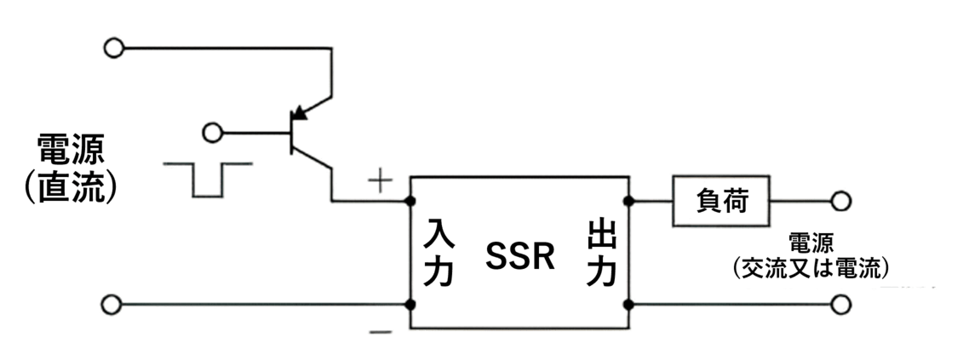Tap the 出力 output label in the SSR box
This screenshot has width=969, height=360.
[x=601, y=252]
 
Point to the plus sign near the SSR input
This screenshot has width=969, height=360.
[x=378, y=180]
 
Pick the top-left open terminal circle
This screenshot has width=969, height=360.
[x=112, y=48]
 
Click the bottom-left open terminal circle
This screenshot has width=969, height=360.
[x=112, y=304]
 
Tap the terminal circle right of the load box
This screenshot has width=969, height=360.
[x=841, y=202]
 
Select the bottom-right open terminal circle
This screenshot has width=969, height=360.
[x=841, y=304]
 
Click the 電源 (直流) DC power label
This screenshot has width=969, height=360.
[x=72, y=170]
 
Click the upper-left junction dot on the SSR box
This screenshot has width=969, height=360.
[x=411, y=202]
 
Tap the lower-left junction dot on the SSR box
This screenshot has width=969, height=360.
[x=411, y=304]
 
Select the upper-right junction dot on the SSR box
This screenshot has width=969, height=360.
[x=630, y=202]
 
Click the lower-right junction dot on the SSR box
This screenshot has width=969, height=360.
[x=630, y=304]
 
